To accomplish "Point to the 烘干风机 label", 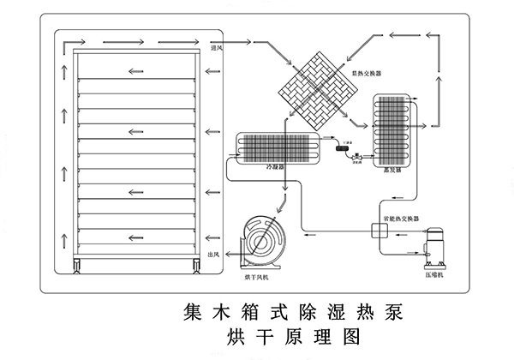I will [x=256, y=277].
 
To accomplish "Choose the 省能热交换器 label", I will [x=401, y=220].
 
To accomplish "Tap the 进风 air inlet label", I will [x=218, y=48].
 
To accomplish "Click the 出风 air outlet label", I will [x=217, y=255].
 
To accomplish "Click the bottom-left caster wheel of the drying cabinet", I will [x=79, y=263].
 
